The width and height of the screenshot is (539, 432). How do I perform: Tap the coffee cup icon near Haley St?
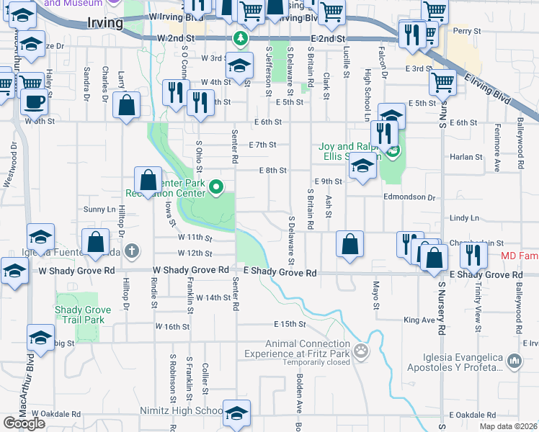pyautogui.click(x=33, y=102)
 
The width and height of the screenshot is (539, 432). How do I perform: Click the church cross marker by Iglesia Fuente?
pyautogui.click(x=131, y=251)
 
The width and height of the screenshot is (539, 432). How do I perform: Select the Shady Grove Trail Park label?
pyautogui.click(x=83, y=315)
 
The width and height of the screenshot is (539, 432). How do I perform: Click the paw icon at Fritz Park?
pyautogui.click(x=361, y=352)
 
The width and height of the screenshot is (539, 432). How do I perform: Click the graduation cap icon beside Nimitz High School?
pyautogui.click(x=236, y=414)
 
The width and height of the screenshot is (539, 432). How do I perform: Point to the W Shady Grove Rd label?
pyautogui.click(x=190, y=270)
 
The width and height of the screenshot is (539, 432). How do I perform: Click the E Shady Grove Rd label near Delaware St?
pyautogui.click(x=280, y=273)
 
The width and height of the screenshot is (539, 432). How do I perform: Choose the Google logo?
pyautogui.click(x=24, y=423)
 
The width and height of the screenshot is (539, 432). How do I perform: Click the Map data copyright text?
pyautogui.click(x=509, y=426)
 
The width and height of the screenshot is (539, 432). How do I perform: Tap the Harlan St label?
pyautogui.click(x=466, y=156)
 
